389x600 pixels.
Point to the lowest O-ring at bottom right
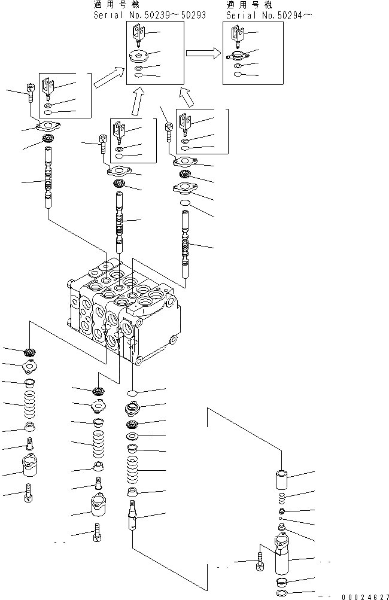point(284,592)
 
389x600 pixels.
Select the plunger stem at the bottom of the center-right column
point(133,514)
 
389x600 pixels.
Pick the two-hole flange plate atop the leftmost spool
point(46,126)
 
